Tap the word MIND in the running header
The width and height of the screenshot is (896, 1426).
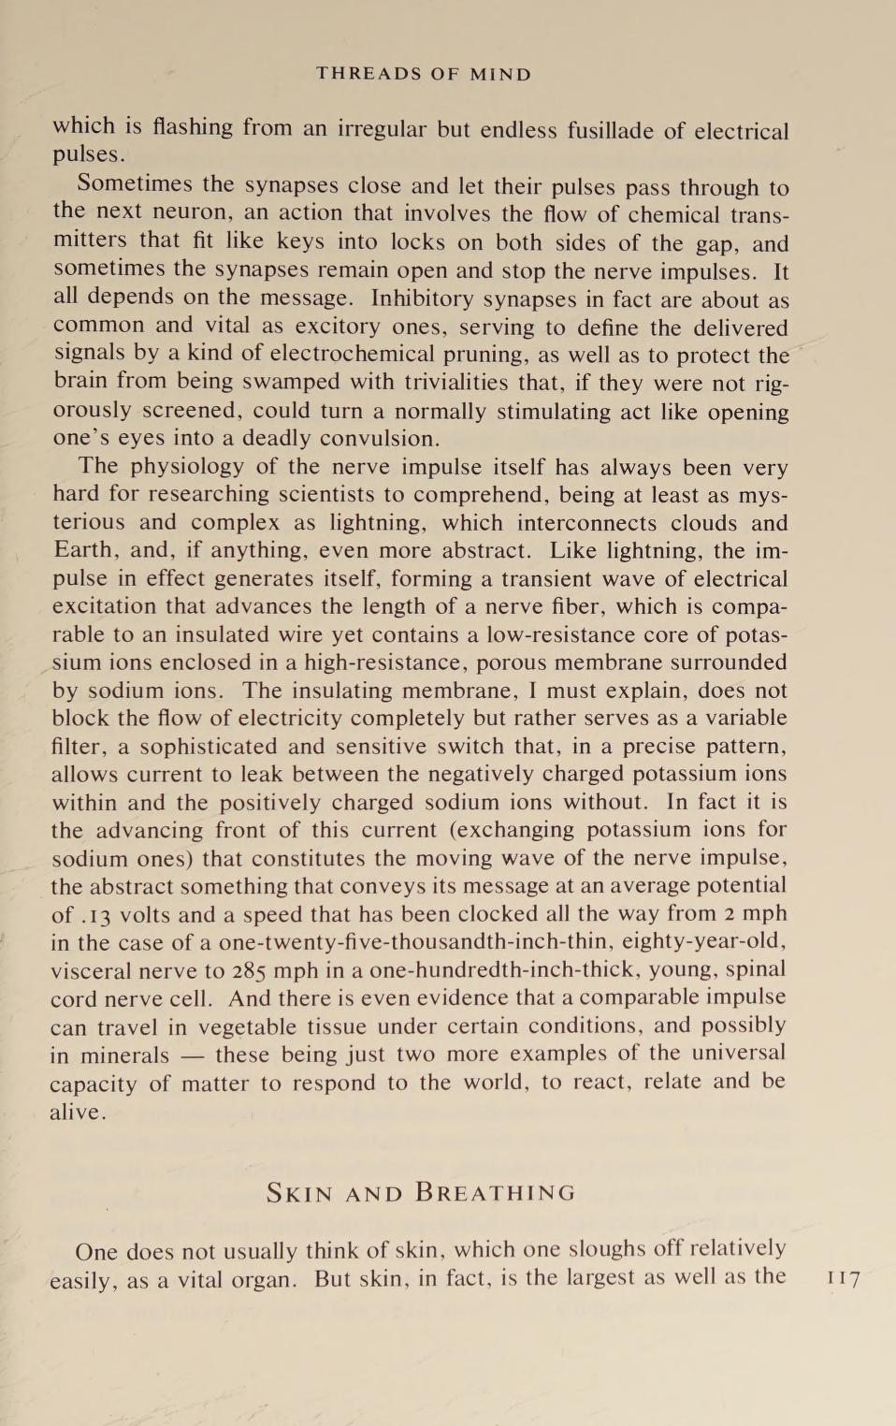tap(500, 74)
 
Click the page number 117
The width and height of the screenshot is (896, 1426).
tap(842, 1278)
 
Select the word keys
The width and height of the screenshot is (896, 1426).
tap(300, 241)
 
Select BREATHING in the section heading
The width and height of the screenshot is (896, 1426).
tap(496, 1193)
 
